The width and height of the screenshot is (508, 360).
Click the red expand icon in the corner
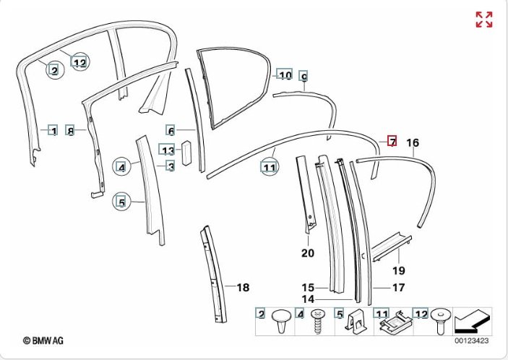[x=483, y=20]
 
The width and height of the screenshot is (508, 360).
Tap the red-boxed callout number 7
[x=392, y=141]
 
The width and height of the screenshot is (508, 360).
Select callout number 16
[x=413, y=142]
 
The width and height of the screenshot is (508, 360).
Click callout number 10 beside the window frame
[x=285, y=75]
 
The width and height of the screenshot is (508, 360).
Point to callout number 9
[x=303, y=76]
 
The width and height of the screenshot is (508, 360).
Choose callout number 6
[x=171, y=131]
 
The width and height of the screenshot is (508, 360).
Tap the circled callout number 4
[x=121, y=168]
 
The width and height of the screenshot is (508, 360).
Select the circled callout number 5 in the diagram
[x=121, y=203]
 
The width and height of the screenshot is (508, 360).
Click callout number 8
[x=70, y=131]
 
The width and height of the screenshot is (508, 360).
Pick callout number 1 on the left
[x=52, y=131]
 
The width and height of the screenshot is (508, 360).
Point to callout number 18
[x=243, y=288]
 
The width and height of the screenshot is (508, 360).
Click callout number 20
[x=308, y=253]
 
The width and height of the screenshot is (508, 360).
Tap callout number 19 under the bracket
[x=398, y=271]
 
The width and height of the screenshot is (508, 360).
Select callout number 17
[x=398, y=287]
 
